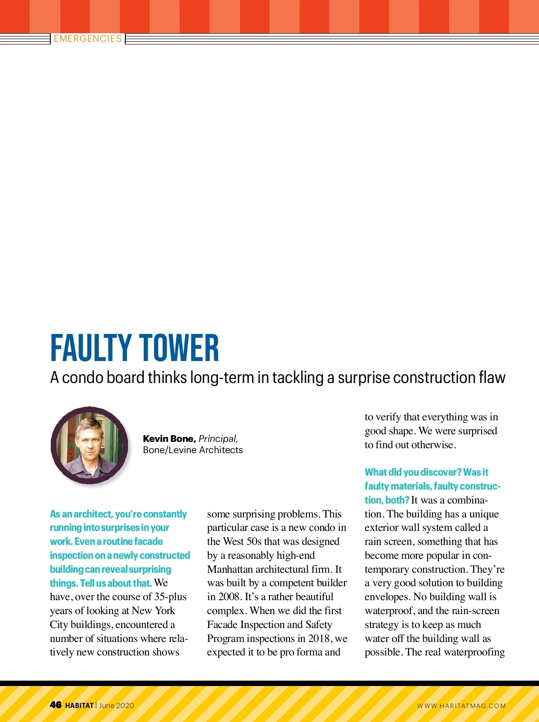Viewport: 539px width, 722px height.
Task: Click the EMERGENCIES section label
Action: point(88,39)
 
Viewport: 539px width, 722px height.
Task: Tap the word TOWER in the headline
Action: point(179,348)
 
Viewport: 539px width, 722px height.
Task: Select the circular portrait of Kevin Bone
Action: point(90,445)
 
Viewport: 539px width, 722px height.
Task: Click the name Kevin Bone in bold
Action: point(169,439)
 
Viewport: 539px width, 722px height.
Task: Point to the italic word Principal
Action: point(218,439)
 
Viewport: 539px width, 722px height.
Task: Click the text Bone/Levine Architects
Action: point(193,450)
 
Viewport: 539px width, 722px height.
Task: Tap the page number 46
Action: point(56,705)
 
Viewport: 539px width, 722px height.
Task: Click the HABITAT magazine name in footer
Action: point(80,705)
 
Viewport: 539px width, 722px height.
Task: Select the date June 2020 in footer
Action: point(116,705)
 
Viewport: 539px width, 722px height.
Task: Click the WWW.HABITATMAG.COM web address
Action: point(461,706)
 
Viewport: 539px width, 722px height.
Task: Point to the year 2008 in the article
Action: point(230,597)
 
